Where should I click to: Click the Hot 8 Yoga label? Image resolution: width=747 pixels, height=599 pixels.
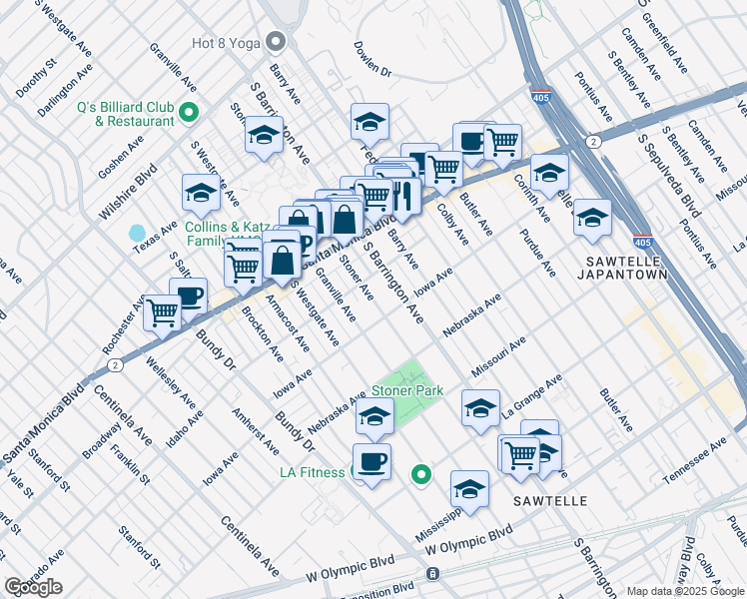point(226,43)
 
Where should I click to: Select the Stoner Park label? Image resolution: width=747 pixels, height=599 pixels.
point(407,390)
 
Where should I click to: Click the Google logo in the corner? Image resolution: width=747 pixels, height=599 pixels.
point(33,587)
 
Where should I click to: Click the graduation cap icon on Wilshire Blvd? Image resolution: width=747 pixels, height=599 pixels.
point(201,193)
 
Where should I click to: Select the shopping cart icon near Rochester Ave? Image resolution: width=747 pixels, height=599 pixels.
point(162,311)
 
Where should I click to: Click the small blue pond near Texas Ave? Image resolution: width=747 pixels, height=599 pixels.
point(137,234)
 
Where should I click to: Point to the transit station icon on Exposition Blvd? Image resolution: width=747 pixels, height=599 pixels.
point(431,574)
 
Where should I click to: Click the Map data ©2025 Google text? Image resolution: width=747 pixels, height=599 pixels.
point(684,590)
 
